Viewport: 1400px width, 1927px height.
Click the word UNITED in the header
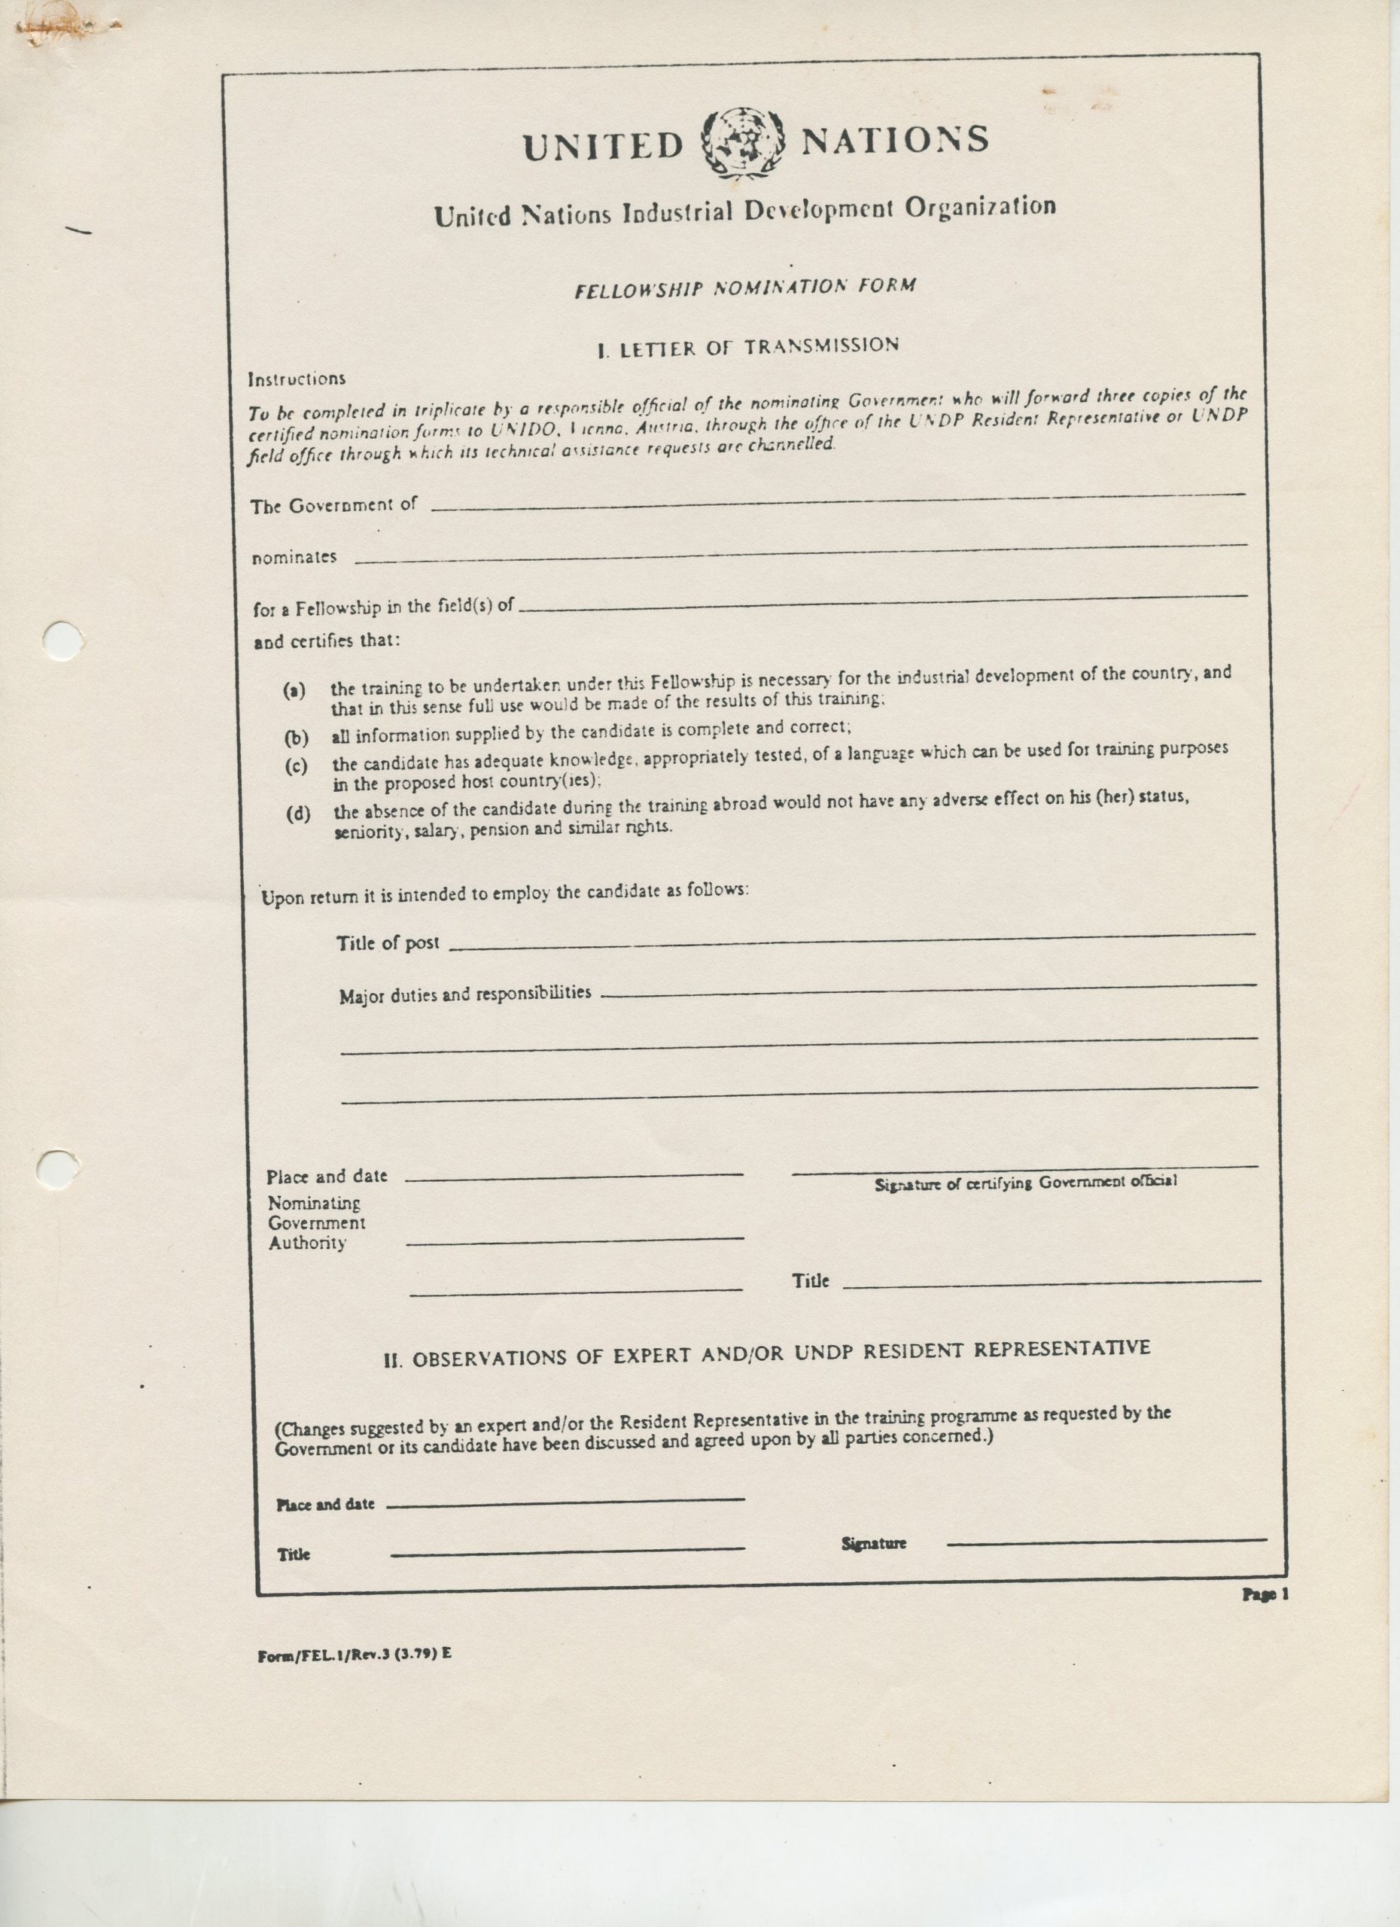click(x=602, y=146)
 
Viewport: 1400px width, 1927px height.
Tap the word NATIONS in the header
click(x=894, y=139)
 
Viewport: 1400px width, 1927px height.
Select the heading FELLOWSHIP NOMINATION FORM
click(x=745, y=288)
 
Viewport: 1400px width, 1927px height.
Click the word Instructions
click(x=297, y=379)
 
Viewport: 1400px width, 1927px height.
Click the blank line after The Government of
click(x=837, y=501)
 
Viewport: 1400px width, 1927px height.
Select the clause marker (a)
click(x=294, y=690)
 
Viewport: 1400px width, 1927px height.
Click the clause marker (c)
click(x=296, y=766)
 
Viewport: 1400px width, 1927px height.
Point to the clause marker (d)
click(x=297, y=814)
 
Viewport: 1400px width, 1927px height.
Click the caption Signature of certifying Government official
click(x=1025, y=1182)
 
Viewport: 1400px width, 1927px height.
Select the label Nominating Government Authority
click(x=316, y=1222)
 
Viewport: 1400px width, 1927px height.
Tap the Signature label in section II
click(x=873, y=1543)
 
